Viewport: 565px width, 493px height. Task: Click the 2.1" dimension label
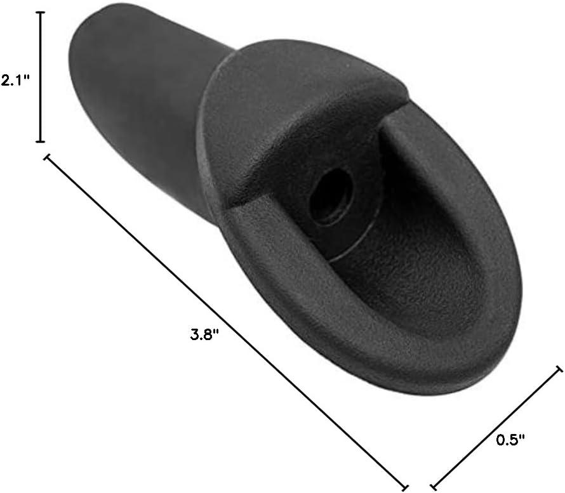coord(15,81)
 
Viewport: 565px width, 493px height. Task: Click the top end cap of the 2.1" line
coord(40,13)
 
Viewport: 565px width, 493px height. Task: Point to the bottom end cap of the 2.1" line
coord(40,141)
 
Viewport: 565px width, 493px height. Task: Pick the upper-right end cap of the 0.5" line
coord(559,369)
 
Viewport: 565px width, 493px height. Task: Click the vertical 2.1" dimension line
coord(40,77)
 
